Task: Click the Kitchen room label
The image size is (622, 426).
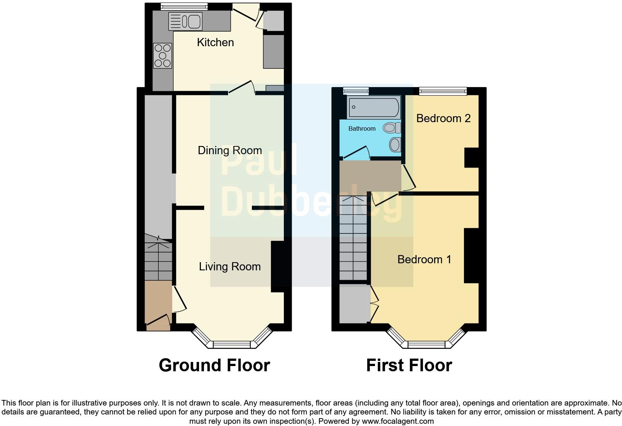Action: tap(215, 42)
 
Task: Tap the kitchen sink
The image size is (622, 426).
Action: tap(185, 21)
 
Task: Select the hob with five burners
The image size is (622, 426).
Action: tap(163, 55)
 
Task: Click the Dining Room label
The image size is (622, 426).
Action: tap(230, 150)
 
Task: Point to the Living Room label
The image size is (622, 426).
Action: tap(230, 267)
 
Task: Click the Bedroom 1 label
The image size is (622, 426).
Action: tap(424, 259)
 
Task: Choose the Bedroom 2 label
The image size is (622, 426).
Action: tap(443, 118)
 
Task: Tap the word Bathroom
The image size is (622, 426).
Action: tap(362, 129)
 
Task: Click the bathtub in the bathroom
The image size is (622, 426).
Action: tap(373, 107)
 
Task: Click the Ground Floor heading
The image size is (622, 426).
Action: tap(214, 365)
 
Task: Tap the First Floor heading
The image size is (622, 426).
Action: tap(409, 365)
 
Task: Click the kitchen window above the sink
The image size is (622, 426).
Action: tap(184, 6)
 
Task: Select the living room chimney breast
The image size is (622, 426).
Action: tap(278, 267)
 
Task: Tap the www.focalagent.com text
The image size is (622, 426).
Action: tap(398, 422)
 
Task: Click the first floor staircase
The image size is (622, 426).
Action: tap(353, 238)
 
